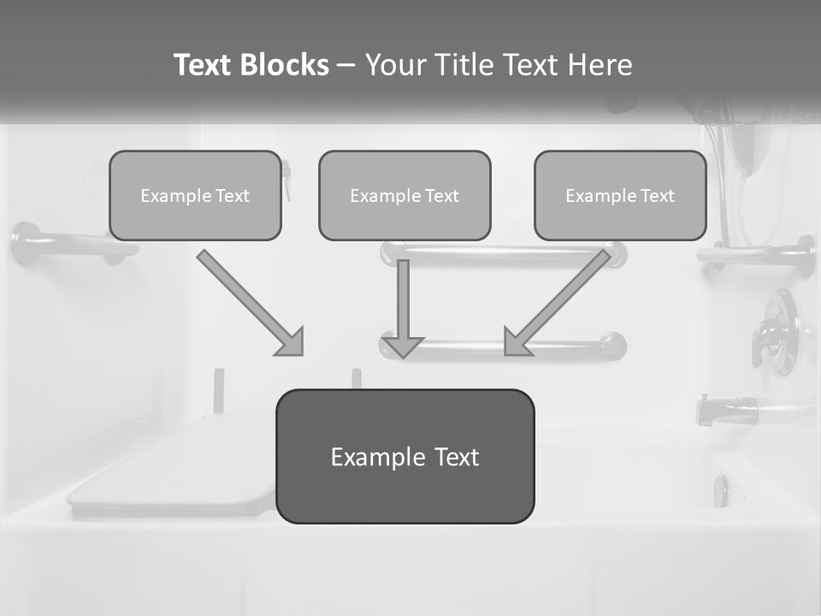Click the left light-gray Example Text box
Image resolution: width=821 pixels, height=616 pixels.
pos(195,196)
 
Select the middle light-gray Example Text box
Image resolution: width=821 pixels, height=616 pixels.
pos(405,196)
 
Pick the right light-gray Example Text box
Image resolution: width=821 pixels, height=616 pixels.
pos(620,196)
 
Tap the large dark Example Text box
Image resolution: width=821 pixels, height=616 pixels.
pos(405,457)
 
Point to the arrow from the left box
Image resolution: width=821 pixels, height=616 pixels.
pos(250,303)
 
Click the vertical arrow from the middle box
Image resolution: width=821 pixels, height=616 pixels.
pos(403,308)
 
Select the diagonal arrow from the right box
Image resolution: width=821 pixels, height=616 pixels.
pos(558,303)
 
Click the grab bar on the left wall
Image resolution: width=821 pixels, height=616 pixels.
pos(68,244)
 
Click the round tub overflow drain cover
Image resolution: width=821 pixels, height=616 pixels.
pos(721,490)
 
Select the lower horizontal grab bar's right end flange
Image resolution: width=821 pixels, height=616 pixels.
pos(613,345)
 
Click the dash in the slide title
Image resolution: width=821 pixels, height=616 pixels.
pos(346,65)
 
